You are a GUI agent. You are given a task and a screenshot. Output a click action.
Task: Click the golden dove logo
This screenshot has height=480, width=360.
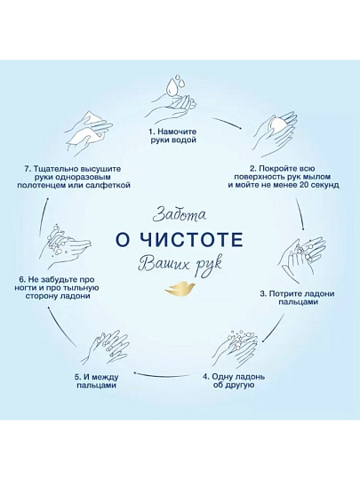click(180, 288)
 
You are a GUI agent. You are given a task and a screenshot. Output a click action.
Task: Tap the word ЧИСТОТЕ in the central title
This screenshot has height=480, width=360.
click(193, 240)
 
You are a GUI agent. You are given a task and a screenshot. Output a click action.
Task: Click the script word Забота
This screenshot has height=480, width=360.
click(180, 214)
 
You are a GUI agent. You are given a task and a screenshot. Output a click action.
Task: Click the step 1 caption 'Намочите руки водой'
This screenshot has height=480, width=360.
click(172, 136)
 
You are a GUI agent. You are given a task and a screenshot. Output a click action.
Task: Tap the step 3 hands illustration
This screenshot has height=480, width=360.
click(302, 259)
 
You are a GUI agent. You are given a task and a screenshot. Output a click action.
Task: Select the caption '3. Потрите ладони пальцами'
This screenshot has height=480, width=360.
click(297, 298)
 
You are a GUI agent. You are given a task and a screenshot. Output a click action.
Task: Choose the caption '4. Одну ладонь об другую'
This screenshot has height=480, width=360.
click(234, 380)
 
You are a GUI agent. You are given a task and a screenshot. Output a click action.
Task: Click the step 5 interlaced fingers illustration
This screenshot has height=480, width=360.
click(105, 348)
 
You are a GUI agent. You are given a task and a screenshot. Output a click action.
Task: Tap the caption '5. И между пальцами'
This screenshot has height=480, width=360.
click(96, 381)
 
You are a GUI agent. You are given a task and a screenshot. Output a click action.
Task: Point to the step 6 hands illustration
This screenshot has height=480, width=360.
click(65, 245)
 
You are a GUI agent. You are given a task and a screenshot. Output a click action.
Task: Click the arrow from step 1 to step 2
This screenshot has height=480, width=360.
click(227, 123)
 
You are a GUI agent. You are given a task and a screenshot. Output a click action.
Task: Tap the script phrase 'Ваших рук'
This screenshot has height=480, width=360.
click(180, 264)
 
